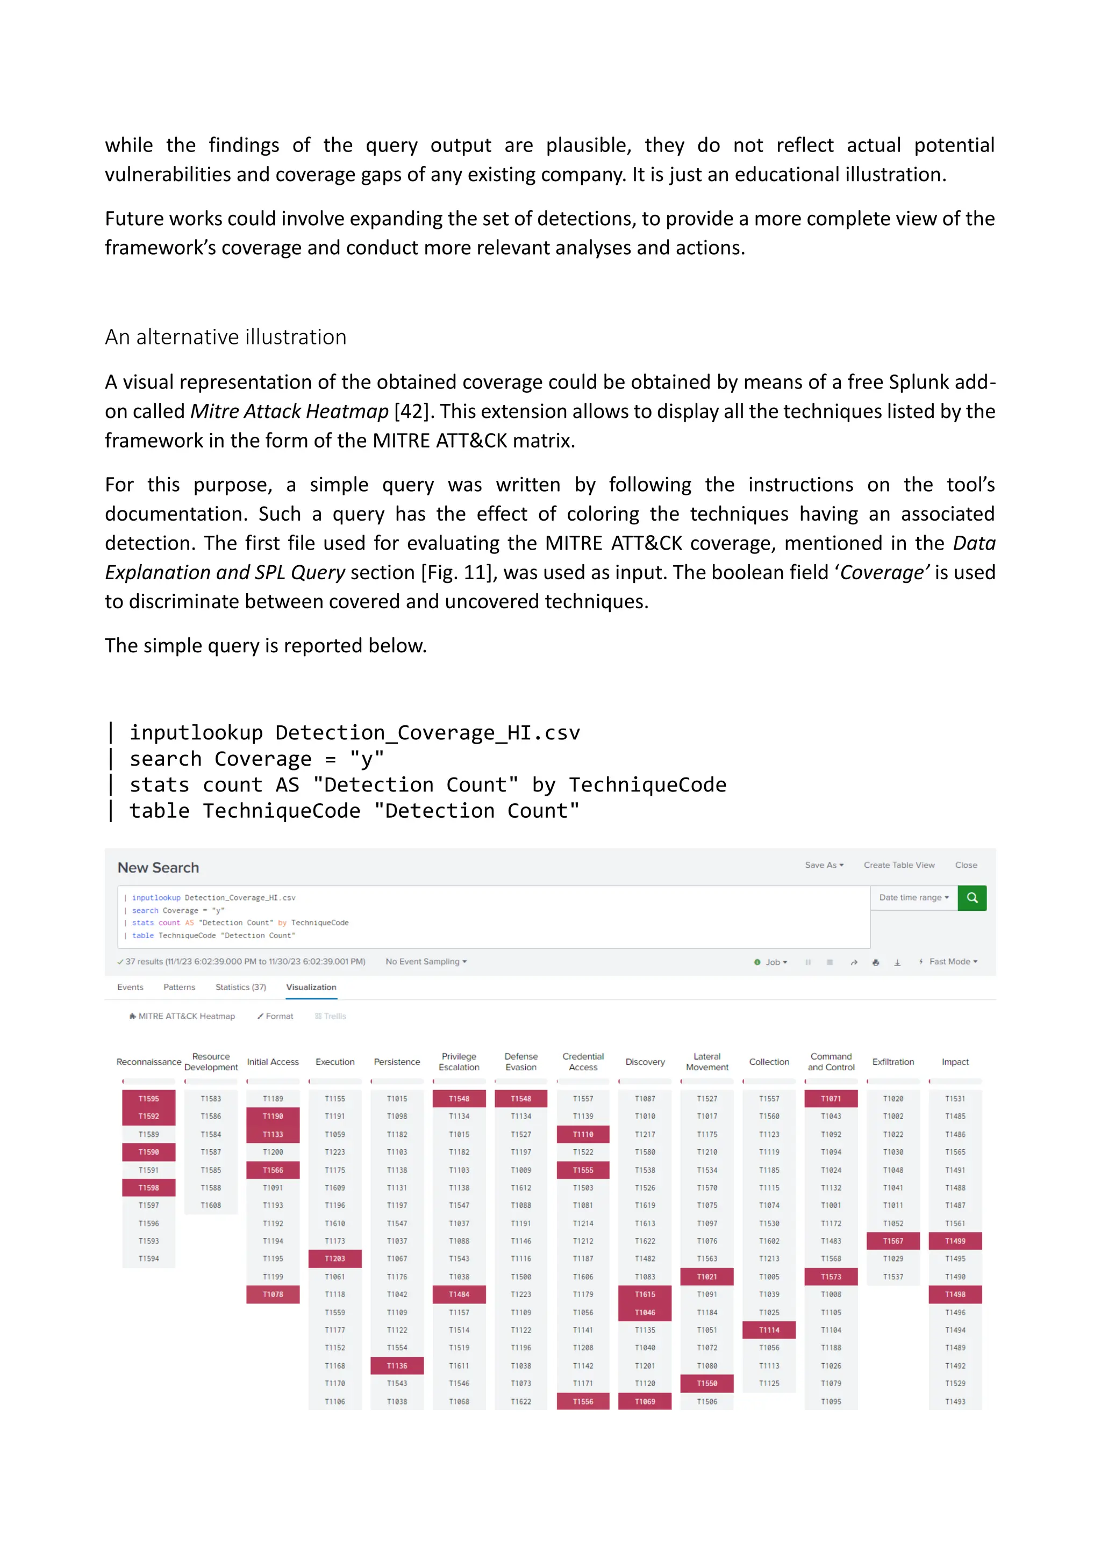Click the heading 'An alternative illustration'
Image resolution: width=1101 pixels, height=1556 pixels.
225,337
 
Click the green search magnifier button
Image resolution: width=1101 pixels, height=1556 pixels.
971,897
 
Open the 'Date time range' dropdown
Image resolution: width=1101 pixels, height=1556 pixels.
913,897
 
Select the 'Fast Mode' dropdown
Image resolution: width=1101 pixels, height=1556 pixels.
953,961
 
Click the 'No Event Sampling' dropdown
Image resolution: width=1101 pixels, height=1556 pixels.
426,961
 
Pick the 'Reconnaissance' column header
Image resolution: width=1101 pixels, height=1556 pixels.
148,1062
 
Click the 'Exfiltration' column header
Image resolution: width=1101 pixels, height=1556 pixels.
893,1062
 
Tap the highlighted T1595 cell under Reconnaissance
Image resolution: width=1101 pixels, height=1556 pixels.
148,1099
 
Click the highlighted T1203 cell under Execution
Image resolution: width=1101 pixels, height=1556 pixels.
335,1258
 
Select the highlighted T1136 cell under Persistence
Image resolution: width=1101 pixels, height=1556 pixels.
397,1366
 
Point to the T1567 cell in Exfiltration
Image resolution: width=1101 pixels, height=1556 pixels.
893,1241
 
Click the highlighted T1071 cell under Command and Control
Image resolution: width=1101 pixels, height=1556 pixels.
831,1099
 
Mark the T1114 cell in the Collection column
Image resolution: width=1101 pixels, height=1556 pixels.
769,1330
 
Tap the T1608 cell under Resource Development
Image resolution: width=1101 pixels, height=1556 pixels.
211,1205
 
